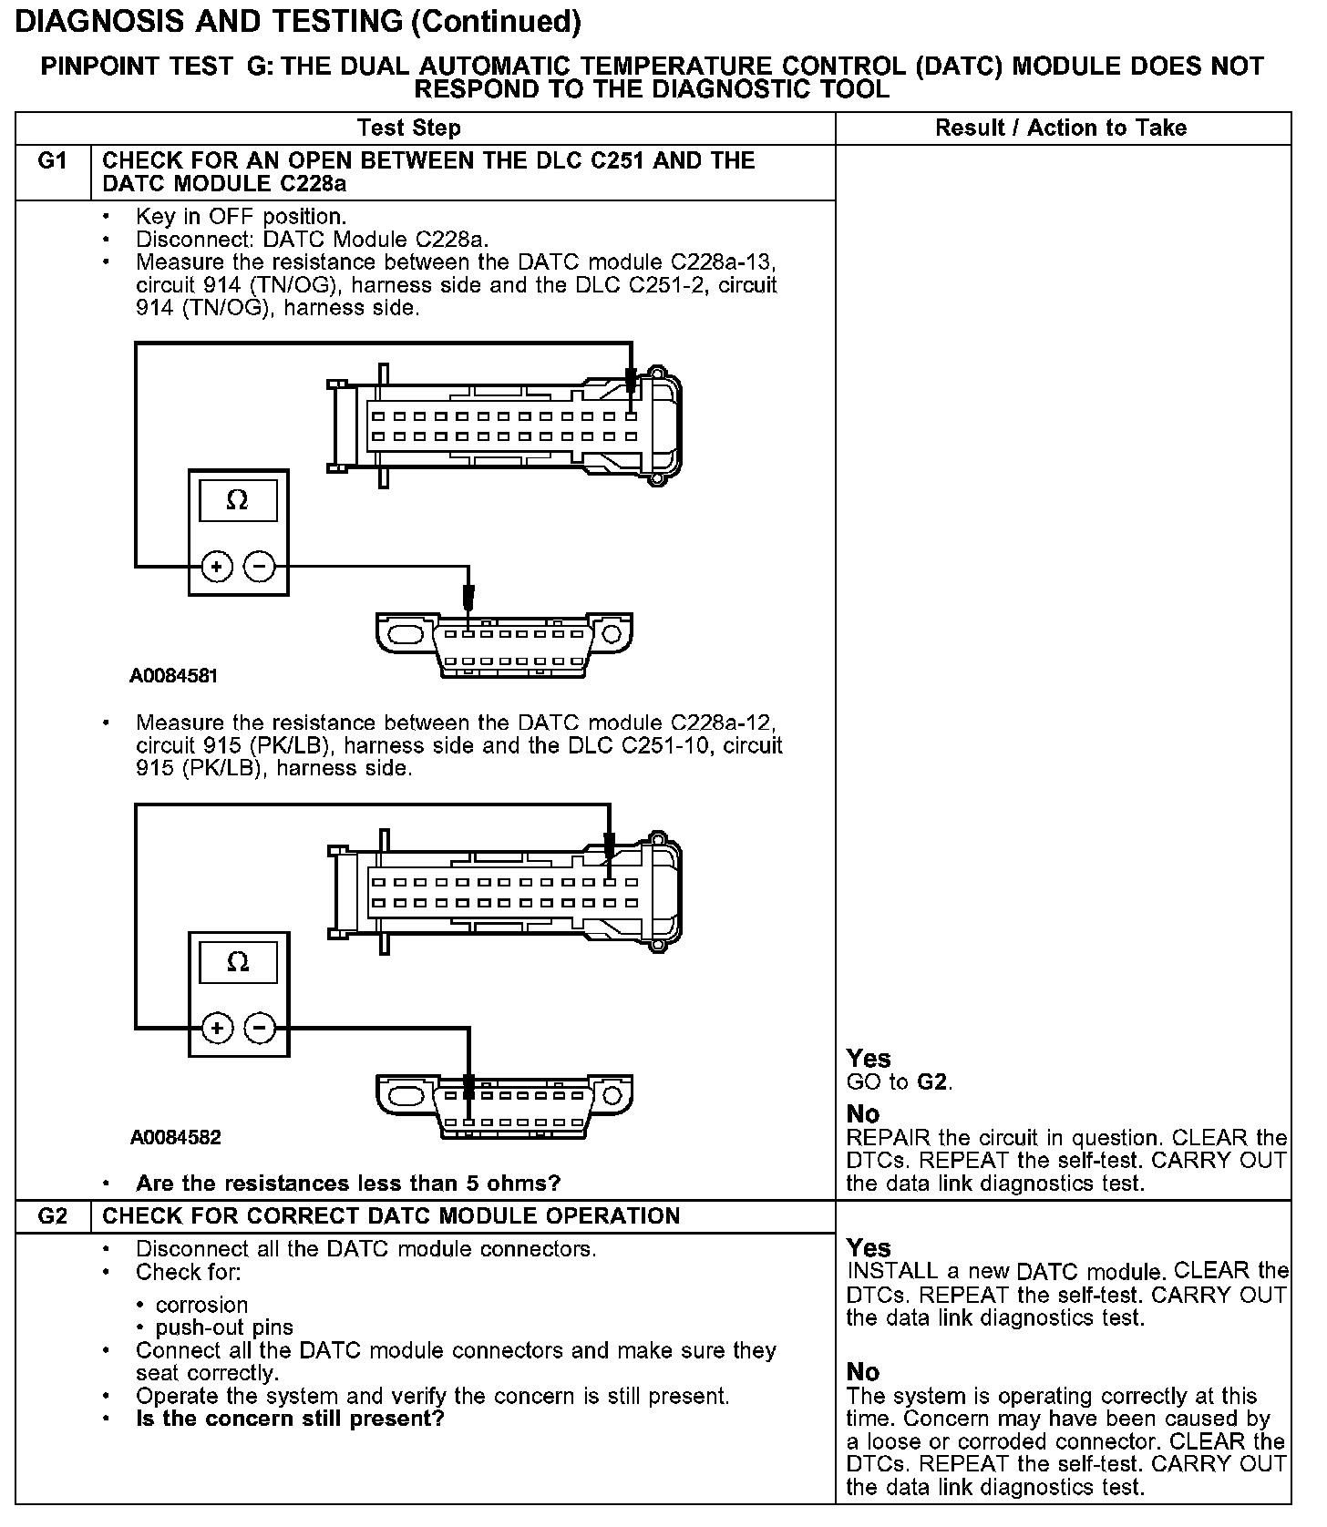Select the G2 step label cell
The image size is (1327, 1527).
click(53, 1216)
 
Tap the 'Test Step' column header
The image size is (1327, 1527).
click(408, 128)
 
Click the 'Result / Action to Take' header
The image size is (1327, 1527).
click(1061, 128)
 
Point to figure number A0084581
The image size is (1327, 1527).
click(173, 676)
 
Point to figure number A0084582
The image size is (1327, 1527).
click(175, 1137)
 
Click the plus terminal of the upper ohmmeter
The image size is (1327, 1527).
click(217, 567)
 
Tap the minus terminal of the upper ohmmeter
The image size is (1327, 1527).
click(260, 567)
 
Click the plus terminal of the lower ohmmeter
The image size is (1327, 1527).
click(217, 1029)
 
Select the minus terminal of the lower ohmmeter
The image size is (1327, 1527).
click(260, 1029)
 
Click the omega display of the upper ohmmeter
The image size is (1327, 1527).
click(237, 500)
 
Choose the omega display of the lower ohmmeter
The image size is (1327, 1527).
click(237, 962)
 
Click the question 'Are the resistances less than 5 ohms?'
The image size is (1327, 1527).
click(347, 1184)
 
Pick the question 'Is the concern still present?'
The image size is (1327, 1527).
click(289, 1419)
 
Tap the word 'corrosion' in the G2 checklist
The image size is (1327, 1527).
click(201, 1305)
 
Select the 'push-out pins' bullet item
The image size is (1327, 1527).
click(224, 1327)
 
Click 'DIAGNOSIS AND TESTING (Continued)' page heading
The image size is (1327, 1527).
click(298, 22)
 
